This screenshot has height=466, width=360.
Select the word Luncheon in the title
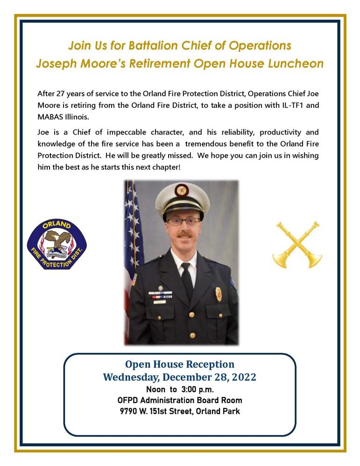click(x=297, y=64)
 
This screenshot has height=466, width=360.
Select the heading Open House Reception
click(x=180, y=364)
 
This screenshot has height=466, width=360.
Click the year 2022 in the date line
click(x=240, y=377)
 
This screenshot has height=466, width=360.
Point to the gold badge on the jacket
click(x=218, y=294)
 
